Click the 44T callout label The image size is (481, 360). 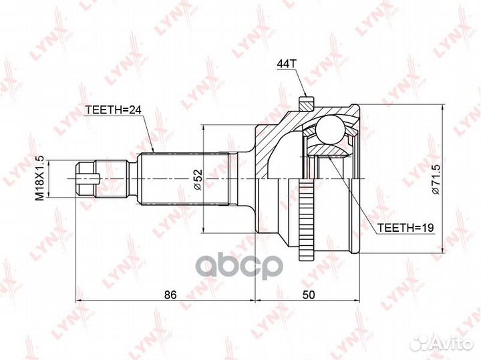(287, 63)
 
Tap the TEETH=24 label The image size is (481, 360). (113, 110)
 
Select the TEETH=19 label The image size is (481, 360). (406, 228)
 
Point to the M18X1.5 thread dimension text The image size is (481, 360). (40, 178)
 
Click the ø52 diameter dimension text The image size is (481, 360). (198, 180)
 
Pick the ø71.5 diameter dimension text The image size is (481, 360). (436, 179)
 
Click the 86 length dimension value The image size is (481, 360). (170, 295)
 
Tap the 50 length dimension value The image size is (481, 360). (309, 295)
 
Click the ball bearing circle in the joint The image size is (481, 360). (331, 129)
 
